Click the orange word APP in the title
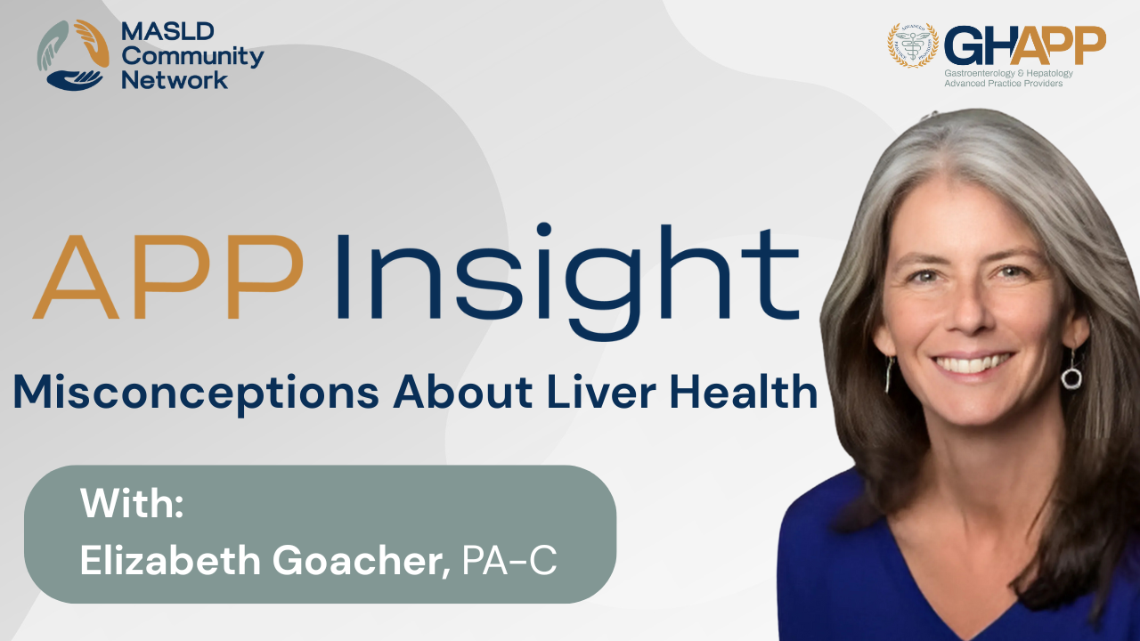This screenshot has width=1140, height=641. [x=168, y=277]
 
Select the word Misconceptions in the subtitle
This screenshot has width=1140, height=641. [x=197, y=394]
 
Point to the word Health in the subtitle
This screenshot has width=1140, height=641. [x=743, y=391]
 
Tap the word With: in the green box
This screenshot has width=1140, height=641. [x=132, y=503]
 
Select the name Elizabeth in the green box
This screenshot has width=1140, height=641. [x=170, y=560]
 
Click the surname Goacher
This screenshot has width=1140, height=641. [x=362, y=561]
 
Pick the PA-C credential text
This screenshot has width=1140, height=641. [x=509, y=560]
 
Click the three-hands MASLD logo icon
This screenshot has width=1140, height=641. [x=73, y=55]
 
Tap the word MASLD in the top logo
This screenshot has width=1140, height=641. [x=167, y=31]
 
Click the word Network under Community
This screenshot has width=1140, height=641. [x=175, y=80]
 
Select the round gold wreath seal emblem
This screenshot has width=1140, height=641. [x=913, y=45]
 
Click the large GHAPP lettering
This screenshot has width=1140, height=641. [x=1025, y=45]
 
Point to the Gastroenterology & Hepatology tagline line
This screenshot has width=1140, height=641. [x=1009, y=73]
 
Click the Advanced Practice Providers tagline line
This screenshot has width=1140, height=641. [x=1004, y=84]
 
